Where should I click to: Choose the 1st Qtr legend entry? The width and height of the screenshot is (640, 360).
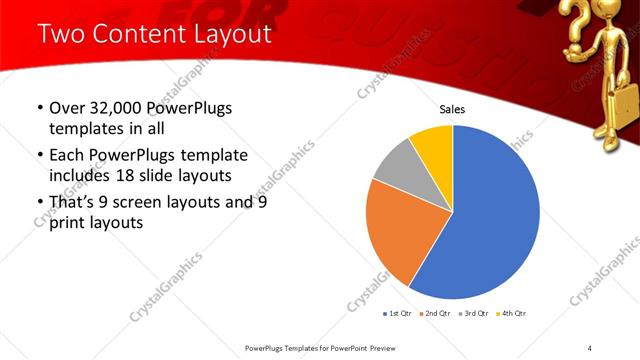pos(399,313)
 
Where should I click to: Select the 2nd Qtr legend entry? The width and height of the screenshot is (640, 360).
pos(436,313)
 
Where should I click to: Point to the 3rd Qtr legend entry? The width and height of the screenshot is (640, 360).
pos(473,313)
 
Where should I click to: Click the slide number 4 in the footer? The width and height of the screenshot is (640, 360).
pos(590,347)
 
